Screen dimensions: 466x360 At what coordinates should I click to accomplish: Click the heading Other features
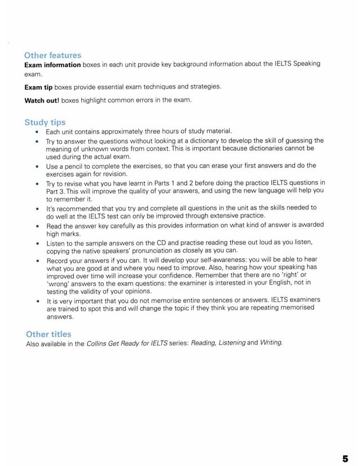click(x=52, y=55)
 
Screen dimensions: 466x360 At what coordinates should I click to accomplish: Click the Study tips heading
click(x=45, y=122)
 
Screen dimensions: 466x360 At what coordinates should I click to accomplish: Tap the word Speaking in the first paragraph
click(x=307, y=64)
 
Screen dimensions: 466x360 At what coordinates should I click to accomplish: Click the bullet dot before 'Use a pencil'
click(x=37, y=166)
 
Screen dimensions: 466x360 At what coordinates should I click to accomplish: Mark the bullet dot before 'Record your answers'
click(x=37, y=260)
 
